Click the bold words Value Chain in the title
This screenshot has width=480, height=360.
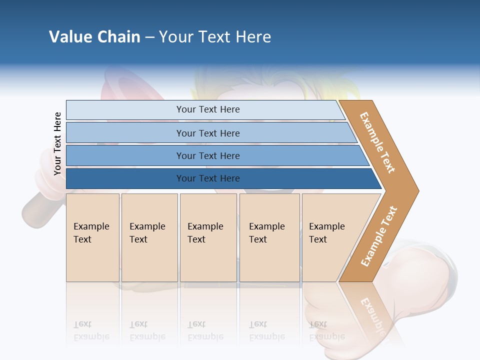tap(94, 37)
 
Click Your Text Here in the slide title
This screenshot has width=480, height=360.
tap(215, 37)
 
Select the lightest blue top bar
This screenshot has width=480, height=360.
tap(207, 109)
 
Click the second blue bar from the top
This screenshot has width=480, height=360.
tap(207, 133)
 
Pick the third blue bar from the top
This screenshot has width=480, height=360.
tap(207, 155)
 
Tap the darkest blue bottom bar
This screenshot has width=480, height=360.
tap(207, 178)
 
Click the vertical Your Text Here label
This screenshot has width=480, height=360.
tap(57, 143)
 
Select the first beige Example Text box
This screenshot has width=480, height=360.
tap(92, 237)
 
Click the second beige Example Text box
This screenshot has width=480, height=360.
tap(149, 237)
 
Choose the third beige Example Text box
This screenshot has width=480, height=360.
tap(207, 237)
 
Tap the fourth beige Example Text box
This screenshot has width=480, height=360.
tap(269, 237)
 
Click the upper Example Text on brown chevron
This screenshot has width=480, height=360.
tap(377, 142)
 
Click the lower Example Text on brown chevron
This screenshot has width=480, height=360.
tap(378, 236)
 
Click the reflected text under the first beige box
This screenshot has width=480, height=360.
tap(91, 331)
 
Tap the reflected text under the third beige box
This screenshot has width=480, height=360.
tap(205, 331)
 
